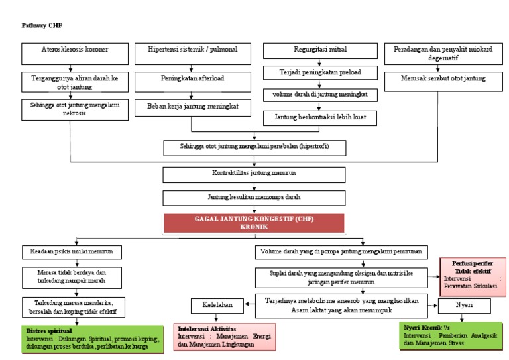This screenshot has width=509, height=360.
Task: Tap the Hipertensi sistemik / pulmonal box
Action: (x=192, y=51)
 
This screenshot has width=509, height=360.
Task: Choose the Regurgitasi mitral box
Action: (x=321, y=50)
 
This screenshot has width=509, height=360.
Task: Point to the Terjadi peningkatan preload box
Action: (x=321, y=72)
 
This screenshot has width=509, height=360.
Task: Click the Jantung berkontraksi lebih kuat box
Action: (x=321, y=117)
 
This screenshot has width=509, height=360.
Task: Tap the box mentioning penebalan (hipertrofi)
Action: (x=254, y=146)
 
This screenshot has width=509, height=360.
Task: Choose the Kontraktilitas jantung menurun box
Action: (x=254, y=174)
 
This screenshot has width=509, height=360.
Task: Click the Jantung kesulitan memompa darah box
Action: (x=254, y=198)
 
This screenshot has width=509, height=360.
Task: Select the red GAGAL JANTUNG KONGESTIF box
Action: (x=254, y=223)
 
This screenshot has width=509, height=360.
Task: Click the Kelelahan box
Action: (x=217, y=306)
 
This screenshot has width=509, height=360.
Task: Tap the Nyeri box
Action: (x=464, y=306)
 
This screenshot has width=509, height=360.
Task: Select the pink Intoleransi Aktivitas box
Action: (x=226, y=336)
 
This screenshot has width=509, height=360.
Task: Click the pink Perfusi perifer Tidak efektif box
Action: (x=473, y=274)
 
